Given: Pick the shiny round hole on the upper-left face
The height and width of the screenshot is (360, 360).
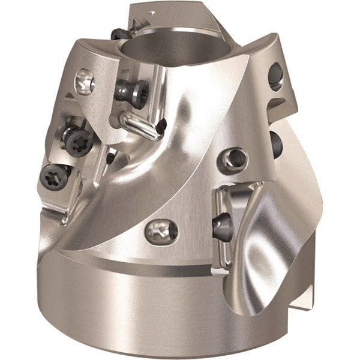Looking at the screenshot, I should click(85, 80).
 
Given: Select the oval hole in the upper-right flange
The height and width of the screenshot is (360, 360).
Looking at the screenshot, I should click(276, 76).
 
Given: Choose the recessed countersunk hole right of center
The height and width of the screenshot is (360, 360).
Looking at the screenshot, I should click(233, 158).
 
